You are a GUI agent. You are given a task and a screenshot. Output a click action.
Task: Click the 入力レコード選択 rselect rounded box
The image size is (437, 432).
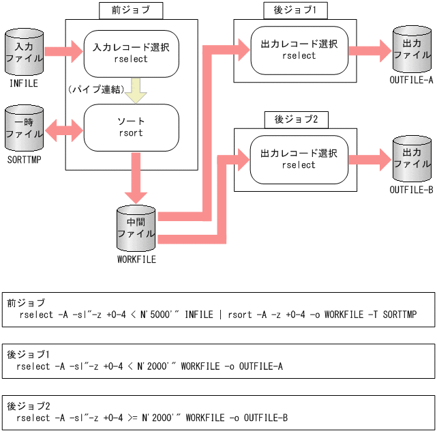(131, 53)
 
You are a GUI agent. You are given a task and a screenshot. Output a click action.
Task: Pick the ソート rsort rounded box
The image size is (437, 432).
(131, 127)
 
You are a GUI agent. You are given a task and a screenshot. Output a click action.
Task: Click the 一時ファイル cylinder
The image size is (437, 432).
(23, 128)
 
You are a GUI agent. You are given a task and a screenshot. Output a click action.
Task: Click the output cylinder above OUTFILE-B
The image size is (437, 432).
(412, 159)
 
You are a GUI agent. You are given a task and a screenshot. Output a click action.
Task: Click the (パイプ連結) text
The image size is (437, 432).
(95, 89)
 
